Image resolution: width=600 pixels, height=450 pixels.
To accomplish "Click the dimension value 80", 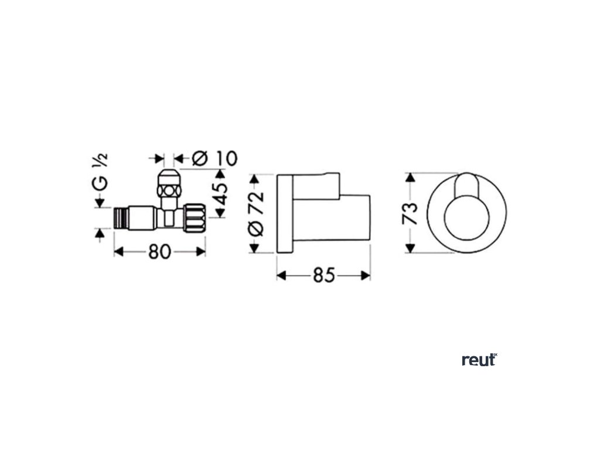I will [x=159, y=251].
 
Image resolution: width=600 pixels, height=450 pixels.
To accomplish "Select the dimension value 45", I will [x=219, y=194].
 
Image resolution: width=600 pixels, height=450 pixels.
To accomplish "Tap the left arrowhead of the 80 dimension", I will [x=117, y=251].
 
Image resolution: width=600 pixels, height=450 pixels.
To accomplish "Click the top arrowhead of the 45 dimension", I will [x=221, y=173].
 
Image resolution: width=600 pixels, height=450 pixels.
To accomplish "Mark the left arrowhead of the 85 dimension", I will [x=281, y=275].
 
